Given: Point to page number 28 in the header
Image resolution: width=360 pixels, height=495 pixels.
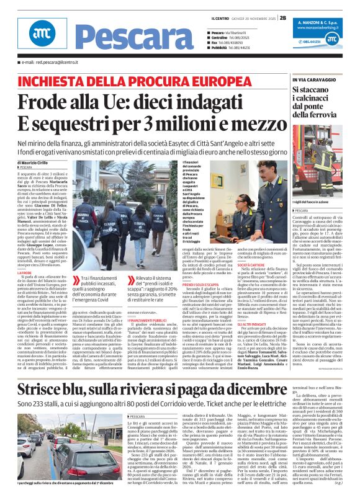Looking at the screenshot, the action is [x=282, y=18].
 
